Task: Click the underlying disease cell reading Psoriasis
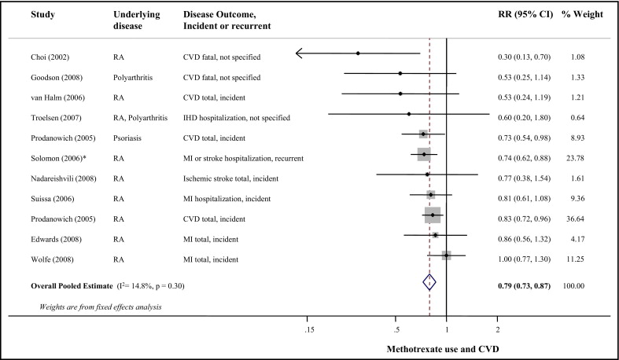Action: pyautogui.click(x=128, y=138)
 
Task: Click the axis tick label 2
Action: pyautogui.click(x=497, y=328)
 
